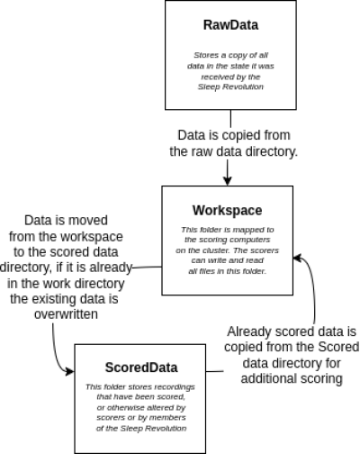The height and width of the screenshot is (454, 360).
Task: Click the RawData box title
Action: click(230, 25)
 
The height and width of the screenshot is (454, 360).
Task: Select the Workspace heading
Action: click(227, 211)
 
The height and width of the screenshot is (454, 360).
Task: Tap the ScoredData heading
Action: click(141, 368)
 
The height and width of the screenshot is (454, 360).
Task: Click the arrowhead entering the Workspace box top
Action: click(228, 181)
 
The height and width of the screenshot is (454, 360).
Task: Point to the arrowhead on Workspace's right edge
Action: click(297, 258)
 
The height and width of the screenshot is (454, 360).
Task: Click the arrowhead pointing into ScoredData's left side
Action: click(69, 372)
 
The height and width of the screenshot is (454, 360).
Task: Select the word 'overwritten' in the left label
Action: click(66, 314)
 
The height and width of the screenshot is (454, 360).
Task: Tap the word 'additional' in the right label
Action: click(268, 378)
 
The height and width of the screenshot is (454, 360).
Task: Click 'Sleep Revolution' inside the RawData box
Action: click(230, 86)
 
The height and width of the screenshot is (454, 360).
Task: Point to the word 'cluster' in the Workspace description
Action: click(217, 250)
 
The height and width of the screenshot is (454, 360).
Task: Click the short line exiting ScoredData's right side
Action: click(215, 371)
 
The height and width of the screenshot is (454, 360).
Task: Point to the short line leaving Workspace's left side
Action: click(147, 267)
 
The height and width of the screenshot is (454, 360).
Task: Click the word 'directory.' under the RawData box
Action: click(272, 151)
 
